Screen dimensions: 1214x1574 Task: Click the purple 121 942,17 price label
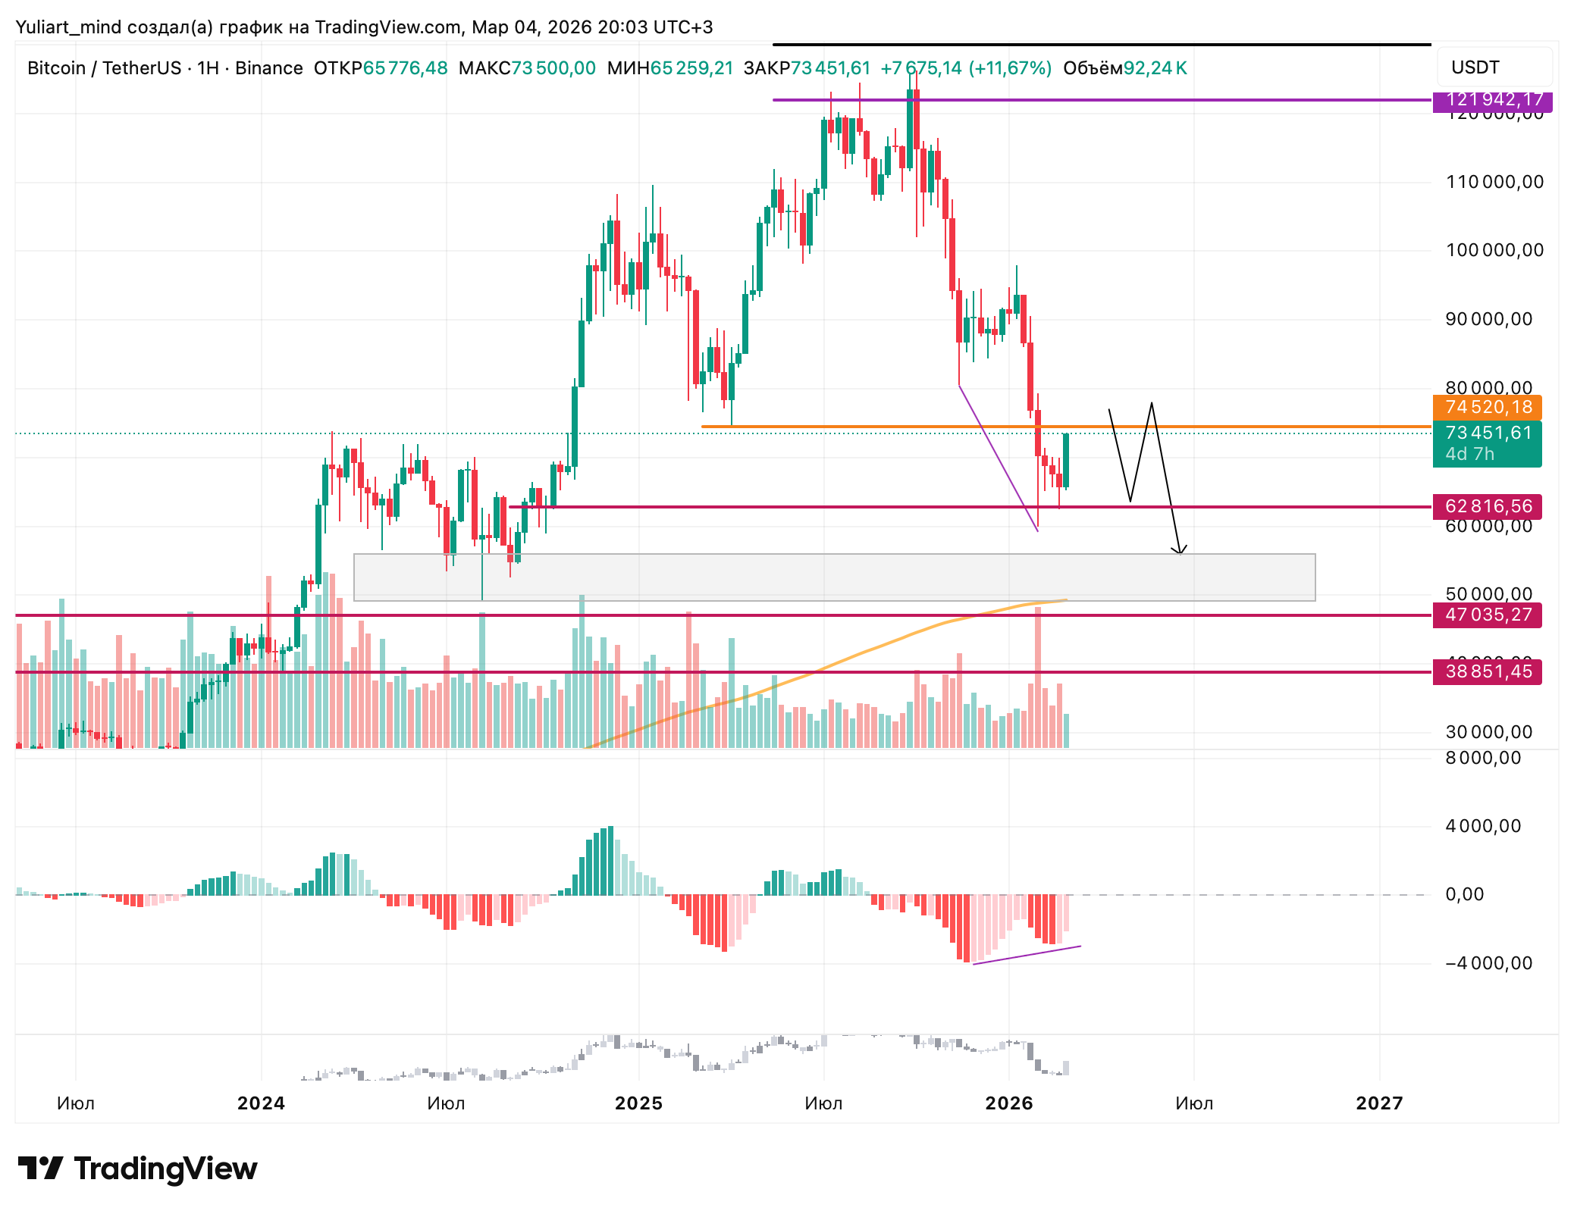click(1491, 100)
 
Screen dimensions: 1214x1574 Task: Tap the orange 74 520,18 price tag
click(1487, 408)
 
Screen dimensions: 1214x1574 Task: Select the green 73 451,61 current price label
click(1487, 433)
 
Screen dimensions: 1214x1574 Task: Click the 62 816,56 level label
click(1487, 506)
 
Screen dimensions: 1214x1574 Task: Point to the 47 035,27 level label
click(1487, 615)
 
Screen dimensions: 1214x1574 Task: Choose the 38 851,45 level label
click(1487, 671)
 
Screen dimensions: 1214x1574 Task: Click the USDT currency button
click(1475, 67)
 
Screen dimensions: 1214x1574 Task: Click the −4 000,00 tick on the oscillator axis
click(1488, 963)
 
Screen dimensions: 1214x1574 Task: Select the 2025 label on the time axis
click(638, 1103)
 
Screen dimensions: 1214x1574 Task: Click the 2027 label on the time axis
click(1379, 1103)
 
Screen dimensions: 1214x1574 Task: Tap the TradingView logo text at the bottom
click(165, 1169)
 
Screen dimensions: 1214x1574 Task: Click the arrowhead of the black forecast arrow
click(1179, 552)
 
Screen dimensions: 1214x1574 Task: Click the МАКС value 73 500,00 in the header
click(553, 68)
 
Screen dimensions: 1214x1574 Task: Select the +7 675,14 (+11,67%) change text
click(965, 68)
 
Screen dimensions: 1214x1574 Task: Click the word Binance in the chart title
click(268, 68)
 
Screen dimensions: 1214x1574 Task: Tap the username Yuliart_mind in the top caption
click(68, 27)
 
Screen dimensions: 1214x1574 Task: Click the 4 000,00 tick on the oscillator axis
click(1483, 826)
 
